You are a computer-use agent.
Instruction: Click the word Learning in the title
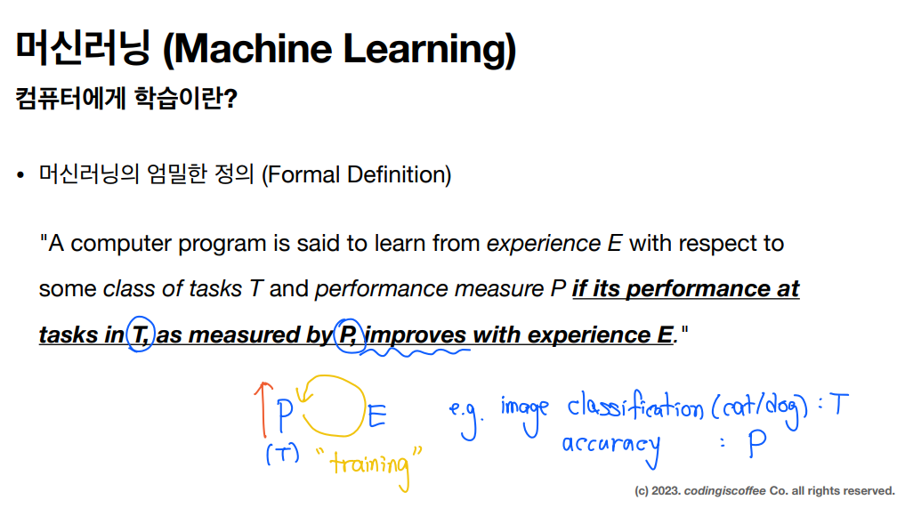click(429, 50)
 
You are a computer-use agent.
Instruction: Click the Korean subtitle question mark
click(230, 99)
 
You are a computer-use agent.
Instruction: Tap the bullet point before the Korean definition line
click(21, 175)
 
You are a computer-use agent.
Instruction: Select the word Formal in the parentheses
click(303, 174)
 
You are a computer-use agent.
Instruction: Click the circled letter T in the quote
click(141, 335)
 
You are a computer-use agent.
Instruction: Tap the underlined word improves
click(416, 335)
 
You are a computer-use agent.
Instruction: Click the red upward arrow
click(263, 409)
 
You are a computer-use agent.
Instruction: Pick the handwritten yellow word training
click(371, 464)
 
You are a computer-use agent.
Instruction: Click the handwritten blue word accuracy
click(611, 448)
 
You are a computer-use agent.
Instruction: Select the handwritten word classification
click(635, 407)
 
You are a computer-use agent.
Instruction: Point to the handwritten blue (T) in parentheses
click(283, 455)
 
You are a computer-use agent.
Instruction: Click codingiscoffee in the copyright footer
click(724, 491)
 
